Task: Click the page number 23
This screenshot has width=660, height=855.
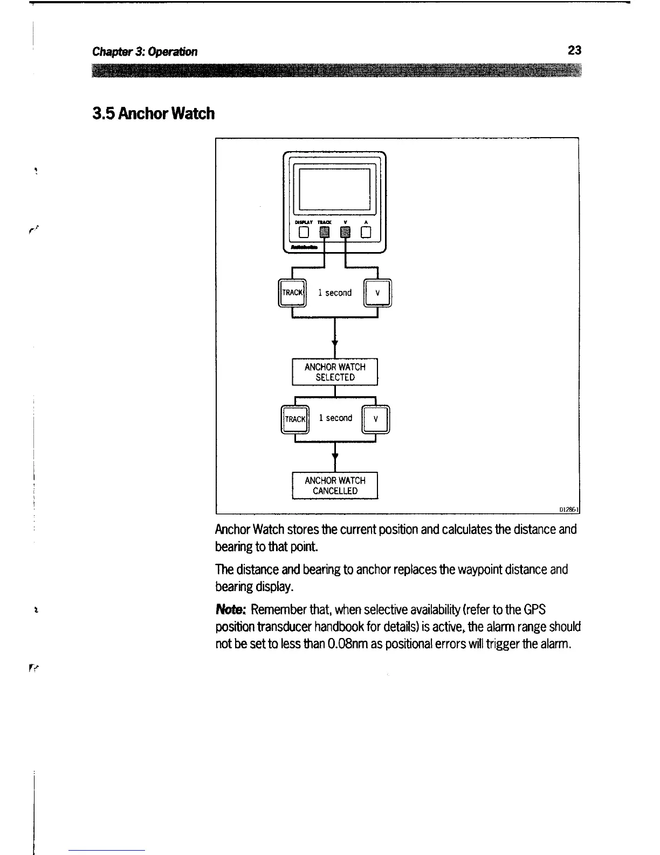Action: coord(574,51)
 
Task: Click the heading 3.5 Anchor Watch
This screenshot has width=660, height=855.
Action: coord(154,114)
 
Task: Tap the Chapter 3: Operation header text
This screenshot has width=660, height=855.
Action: coord(145,52)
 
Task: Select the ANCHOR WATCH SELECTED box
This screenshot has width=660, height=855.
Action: coord(335,372)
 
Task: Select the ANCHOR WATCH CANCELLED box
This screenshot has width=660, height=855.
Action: coord(335,486)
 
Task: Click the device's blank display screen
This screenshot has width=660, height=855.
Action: coord(334,189)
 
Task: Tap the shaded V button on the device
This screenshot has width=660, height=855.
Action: coord(346,233)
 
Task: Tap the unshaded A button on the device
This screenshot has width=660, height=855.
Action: coord(367,233)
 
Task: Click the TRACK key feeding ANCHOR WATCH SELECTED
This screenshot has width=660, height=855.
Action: coord(292,293)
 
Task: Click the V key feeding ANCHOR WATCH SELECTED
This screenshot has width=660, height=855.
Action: coord(377,293)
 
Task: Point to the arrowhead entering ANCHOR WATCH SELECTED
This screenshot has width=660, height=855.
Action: coord(335,343)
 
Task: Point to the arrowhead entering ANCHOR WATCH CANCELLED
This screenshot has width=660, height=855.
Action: coord(335,457)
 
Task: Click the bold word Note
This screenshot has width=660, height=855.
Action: coord(230,610)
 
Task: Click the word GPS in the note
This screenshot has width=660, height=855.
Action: coord(534,610)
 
